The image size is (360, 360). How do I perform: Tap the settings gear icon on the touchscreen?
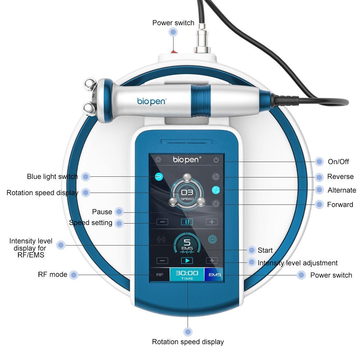158,159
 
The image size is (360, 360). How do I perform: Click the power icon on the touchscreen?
216,160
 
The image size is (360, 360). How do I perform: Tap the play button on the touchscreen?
187,260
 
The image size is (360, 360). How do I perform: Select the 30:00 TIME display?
187,275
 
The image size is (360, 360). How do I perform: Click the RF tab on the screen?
160,275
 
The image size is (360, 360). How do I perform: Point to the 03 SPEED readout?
187,194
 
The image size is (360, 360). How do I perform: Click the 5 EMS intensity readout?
187,244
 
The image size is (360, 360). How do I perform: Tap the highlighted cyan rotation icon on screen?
216,190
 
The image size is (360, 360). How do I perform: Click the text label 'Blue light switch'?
52,177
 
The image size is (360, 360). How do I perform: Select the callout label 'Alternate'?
342,190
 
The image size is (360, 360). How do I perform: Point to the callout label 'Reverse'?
340,177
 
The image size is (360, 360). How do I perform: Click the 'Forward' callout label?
340,204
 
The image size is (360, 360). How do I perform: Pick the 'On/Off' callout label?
338,162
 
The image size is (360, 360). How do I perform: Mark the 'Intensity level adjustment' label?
297,263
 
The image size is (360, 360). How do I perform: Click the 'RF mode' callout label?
53,274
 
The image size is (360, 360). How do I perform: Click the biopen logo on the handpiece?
152,101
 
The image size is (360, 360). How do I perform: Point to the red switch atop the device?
174,51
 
